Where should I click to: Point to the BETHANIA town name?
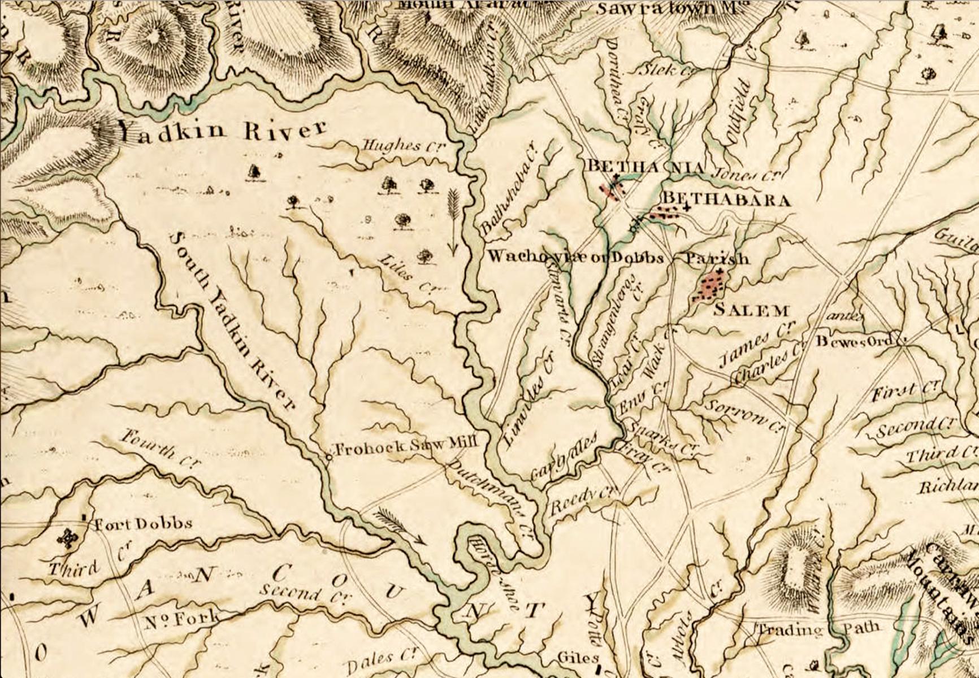click(x=646, y=167)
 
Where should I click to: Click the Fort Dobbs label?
click(x=142, y=524)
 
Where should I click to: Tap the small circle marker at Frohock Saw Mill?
click(x=329, y=455)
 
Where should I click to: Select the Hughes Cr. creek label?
click(x=403, y=146)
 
